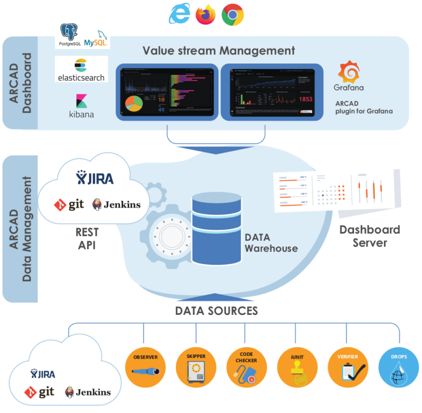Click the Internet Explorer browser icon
pos(179,14)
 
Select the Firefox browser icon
pos(206,14)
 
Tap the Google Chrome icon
pos(232,14)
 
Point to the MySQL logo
pos(95,37)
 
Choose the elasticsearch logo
pos(81,70)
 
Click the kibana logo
pos(81,105)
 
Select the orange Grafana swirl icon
pos(350,72)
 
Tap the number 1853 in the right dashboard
pos(306,99)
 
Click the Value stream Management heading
pos(218,51)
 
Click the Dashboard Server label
pos(369,236)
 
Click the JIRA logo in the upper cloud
pos(95,178)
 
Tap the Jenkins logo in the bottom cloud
pos(88,392)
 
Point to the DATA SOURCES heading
pos(216,311)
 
